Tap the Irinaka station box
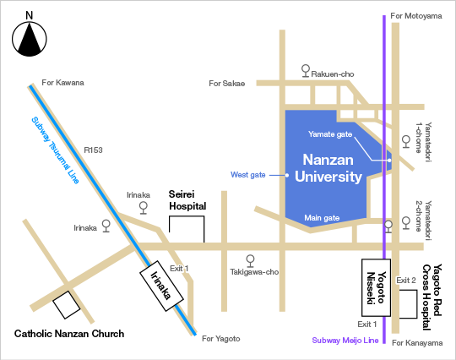click(x=161, y=286)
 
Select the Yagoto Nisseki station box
click(x=376, y=287)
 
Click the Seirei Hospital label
click(x=187, y=200)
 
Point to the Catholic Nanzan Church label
click(x=69, y=334)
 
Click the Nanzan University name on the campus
click(x=328, y=168)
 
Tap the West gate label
click(x=247, y=175)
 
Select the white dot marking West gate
click(x=287, y=175)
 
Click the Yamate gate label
click(x=330, y=134)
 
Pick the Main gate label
click(x=322, y=218)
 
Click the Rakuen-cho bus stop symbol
click(x=306, y=71)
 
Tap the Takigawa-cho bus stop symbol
click(x=250, y=261)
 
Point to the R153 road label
click(x=93, y=150)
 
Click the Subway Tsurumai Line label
click(x=55, y=150)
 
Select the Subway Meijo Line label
click(x=345, y=341)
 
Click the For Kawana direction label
click(x=62, y=83)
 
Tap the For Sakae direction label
click(x=227, y=84)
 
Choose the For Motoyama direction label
click(x=416, y=16)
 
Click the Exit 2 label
click(x=406, y=281)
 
